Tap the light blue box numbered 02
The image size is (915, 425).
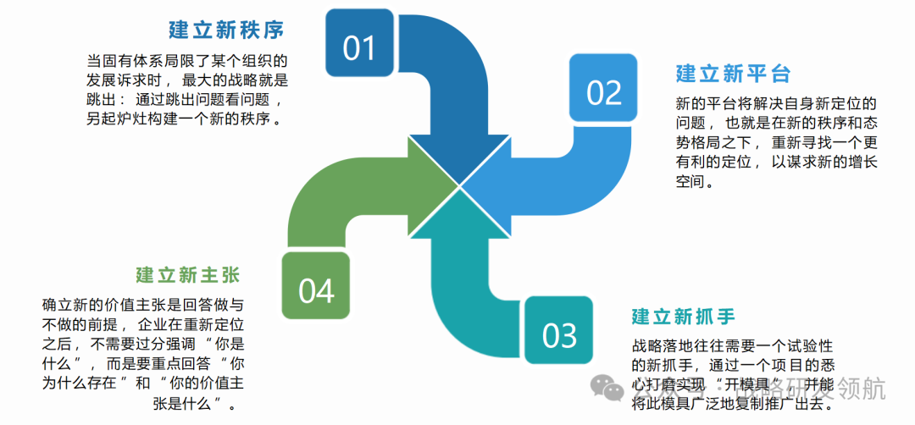point(603,92)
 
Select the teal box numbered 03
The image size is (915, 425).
point(559,335)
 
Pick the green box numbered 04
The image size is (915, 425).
point(317,290)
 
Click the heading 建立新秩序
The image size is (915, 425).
point(226,30)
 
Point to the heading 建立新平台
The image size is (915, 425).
point(733,74)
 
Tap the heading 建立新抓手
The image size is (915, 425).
point(683,317)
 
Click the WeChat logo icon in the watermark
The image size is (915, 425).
point(607,389)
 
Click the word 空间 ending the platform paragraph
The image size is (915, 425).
point(690,182)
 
